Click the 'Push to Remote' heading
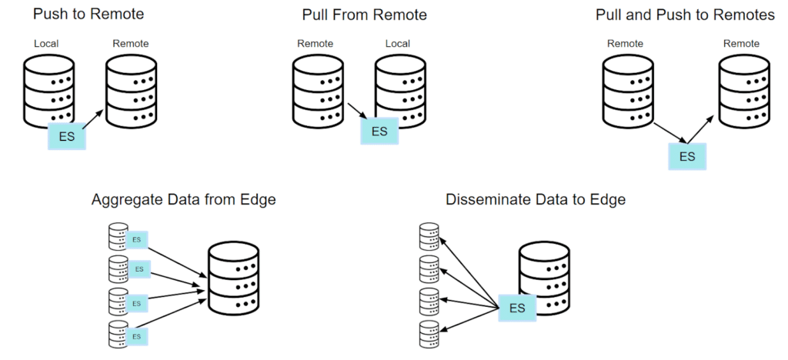(88, 15)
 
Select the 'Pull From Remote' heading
(365, 15)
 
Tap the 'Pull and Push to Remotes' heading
(685, 15)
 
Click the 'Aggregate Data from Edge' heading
(183, 200)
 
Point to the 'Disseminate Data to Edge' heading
(535, 200)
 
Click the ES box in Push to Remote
(67, 137)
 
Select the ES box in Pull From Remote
(379, 131)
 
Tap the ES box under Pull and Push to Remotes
(686, 156)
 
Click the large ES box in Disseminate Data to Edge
(516, 308)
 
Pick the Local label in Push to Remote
(46, 44)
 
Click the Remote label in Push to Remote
(131, 44)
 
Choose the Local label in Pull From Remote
(397, 44)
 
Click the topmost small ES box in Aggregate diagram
(137, 240)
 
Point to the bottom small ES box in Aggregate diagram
(137, 336)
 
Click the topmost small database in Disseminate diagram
(429, 235)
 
